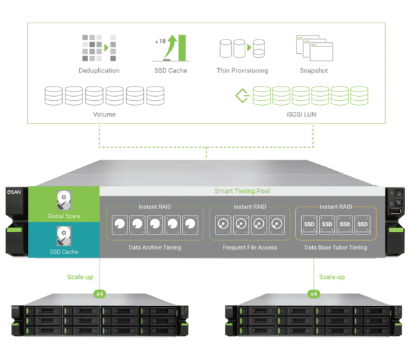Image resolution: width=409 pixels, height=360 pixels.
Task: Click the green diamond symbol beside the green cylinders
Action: pos(240,95)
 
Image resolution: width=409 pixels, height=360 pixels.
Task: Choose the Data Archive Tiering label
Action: pos(155,247)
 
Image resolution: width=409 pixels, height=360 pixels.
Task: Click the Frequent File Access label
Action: pos(249,247)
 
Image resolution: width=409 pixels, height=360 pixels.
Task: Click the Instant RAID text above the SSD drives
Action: pos(335,207)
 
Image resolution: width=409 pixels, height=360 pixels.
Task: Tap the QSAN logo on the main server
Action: pos(15,193)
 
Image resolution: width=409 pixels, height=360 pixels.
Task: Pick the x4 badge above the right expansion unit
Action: pos(314,294)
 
